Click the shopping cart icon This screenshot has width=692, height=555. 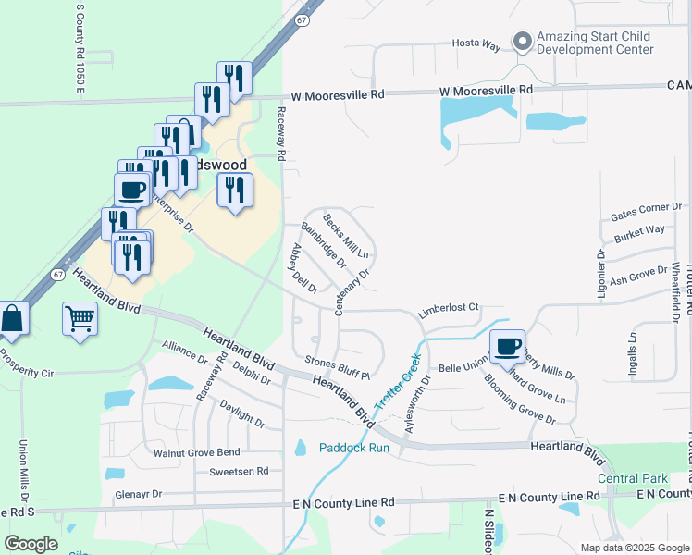point(80,320)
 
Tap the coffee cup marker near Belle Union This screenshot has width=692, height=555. point(506,346)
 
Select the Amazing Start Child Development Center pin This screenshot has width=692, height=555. point(523,42)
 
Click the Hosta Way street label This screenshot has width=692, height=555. point(476,43)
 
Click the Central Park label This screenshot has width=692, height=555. point(633,478)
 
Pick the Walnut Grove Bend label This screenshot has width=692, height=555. point(196,452)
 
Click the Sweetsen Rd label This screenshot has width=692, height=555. point(239,471)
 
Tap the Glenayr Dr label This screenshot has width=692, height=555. point(139,494)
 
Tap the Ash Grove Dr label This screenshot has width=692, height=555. point(638,274)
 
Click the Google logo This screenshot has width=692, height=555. point(31,544)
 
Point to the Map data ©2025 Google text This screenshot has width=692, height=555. point(634,548)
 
